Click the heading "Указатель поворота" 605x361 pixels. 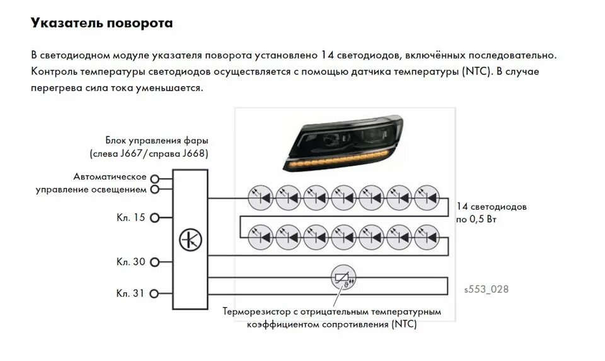click(101, 23)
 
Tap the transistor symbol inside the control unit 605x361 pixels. click(188, 239)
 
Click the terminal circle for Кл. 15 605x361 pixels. click(154, 217)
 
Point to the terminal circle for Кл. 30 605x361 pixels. click(154, 261)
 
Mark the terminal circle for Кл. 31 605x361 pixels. click(154, 293)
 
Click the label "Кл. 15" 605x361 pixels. click(130, 217)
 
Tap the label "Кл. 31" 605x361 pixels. click(130, 293)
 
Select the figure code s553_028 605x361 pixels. click(485, 289)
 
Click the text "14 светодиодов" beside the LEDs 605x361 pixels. click(492, 206)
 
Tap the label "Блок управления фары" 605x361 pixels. click(157, 140)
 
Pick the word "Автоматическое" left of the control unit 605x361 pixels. click(110, 176)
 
